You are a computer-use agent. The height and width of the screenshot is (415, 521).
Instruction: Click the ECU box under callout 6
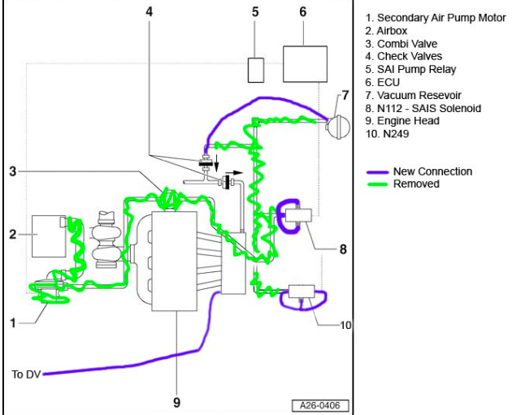pos(305,63)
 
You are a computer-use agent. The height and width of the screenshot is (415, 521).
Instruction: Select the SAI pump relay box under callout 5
pos(256,70)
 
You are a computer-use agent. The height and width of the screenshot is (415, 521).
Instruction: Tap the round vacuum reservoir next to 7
pos(338,127)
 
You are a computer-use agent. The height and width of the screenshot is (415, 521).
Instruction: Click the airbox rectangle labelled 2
pos(49,236)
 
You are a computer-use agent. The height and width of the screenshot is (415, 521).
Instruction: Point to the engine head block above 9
pos(175,261)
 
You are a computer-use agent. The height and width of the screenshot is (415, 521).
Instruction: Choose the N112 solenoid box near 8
pos(298,215)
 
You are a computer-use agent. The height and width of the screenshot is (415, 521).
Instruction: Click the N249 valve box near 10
pos(302,292)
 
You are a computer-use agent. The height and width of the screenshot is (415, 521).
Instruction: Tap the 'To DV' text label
pos(26,374)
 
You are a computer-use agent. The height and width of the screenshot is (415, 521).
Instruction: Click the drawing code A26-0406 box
pos(320,406)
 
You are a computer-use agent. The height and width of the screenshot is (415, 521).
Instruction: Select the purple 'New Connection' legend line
pos(377,172)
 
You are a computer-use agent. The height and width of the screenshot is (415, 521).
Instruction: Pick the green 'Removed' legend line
pos(377,184)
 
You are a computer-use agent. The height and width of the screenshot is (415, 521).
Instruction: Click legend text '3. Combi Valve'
pos(401,44)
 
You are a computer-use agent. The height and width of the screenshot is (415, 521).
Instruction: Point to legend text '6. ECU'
pos(383,82)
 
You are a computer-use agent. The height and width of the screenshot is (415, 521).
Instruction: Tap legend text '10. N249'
pos(387,134)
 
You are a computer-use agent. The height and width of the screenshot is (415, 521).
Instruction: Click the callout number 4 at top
pos(150,11)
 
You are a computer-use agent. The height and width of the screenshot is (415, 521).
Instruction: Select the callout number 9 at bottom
pos(176,402)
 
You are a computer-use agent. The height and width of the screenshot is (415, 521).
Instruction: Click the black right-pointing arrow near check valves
pos(234,173)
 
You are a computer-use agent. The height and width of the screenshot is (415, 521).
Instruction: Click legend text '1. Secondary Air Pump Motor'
pos(436,18)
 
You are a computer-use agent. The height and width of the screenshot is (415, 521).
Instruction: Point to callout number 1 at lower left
pos(13,322)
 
